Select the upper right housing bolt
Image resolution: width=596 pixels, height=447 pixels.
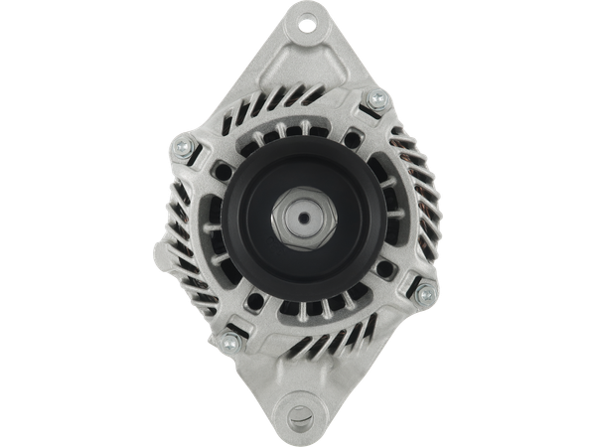pyautogui.click(x=375, y=99)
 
